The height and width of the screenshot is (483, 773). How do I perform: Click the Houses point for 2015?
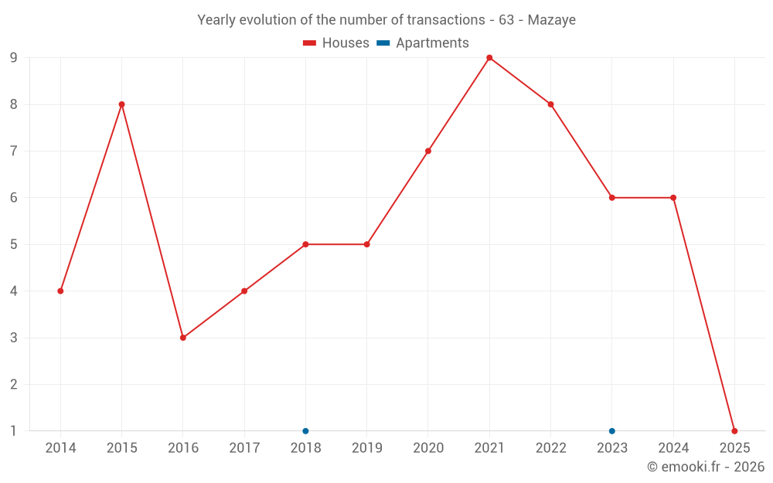pyautogui.click(x=121, y=104)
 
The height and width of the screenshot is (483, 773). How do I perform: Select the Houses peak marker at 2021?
pyautogui.click(x=489, y=58)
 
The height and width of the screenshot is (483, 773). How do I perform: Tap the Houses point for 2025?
pyautogui.click(x=734, y=430)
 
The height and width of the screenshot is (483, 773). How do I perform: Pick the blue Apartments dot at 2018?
pyautogui.click(x=305, y=430)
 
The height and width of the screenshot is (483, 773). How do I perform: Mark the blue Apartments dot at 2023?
pyautogui.click(x=612, y=430)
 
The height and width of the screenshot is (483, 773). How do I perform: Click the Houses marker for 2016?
pyautogui.click(x=183, y=338)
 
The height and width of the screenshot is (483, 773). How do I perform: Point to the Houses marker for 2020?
pyautogui.click(x=428, y=151)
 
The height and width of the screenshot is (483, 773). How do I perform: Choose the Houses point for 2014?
pyautogui.click(x=60, y=291)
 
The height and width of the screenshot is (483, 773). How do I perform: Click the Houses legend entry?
pyautogui.click(x=336, y=43)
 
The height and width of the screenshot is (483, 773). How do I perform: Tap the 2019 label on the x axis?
pyautogui.click(x=366, y=448)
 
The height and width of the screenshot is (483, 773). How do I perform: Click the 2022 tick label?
pyautogui.click(x=550, y=448)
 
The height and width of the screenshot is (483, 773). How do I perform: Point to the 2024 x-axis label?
pyautogui.click(x=673, y=448)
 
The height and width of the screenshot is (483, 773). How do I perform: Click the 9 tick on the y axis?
pyautogui.click(x=13, y=58)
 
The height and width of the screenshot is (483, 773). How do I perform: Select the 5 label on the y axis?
pyautogui.click(x=13, y=244)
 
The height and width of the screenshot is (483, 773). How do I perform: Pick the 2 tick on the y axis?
pyautogui.click(x=13, y=384)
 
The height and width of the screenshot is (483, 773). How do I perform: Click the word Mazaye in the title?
pyautogui.click(x=551, y=20)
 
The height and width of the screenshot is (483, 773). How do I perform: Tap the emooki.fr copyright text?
pyautogui.click(x=706, y=467)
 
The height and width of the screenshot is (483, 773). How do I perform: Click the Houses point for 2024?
pyautogui.click(x=673, y=198)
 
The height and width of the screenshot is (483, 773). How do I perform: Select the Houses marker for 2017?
pyautogui.click(x=244, y=291)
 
